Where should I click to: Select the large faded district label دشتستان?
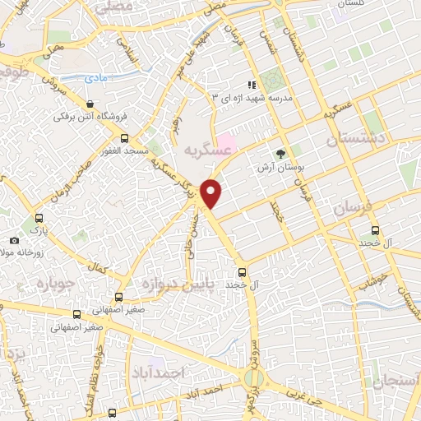(x=356, y=141)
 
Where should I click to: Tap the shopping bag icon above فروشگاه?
(x=90, y=104)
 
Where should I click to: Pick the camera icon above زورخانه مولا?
(x=14, y=240)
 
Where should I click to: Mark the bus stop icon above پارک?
(x=38, y=220)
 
